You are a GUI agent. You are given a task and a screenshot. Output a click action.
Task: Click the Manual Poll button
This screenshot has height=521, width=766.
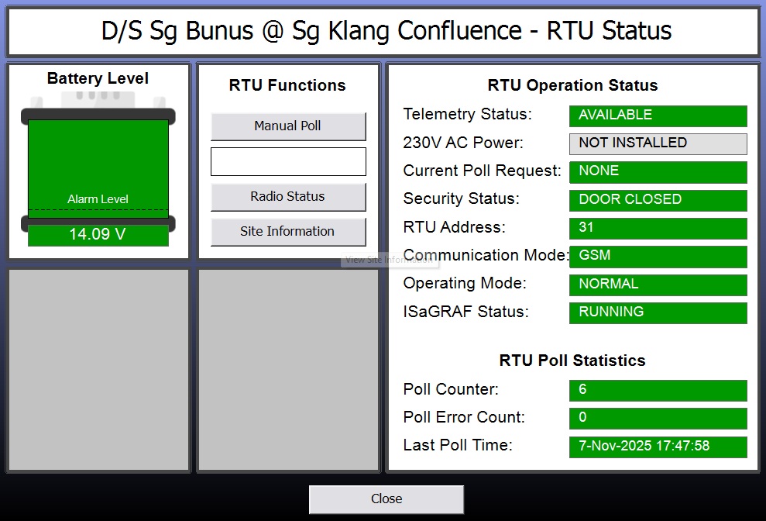point(288,126)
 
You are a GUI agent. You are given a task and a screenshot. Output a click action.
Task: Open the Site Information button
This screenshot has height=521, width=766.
point(288,231)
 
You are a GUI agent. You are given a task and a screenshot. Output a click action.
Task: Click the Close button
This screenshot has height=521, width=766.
point(386,499)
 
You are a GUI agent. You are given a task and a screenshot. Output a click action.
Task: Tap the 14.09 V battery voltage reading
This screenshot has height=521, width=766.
point(98,234)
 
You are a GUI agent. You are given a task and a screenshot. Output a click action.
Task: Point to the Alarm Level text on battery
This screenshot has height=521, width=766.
point(98,199)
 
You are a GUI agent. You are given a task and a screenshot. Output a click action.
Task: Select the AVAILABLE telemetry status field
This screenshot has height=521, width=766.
point(658,116)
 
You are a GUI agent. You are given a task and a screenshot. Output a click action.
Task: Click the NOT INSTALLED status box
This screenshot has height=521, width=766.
point(658,143)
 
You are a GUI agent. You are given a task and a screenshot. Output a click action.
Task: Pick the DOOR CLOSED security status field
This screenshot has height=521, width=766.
point(658,200)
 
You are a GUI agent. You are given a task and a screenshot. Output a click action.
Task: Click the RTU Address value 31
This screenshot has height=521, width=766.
point(658,228)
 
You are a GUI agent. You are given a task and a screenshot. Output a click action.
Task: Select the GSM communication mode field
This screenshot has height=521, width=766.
point(658,256)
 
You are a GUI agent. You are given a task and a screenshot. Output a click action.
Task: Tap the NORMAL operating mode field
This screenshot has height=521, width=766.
point(658,285)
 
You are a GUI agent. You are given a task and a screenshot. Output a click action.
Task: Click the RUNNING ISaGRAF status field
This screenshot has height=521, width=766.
point(658,312)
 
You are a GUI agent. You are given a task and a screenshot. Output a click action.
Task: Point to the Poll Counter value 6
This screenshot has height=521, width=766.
point(658,390)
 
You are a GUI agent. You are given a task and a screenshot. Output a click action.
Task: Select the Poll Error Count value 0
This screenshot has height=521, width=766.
point(658,418)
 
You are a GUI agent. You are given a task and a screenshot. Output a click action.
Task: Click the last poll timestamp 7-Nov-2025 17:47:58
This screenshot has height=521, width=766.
point(658,447)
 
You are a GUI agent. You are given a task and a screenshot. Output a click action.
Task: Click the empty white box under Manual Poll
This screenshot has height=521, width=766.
point(288,161)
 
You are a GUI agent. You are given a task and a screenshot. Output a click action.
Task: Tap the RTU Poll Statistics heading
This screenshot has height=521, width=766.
point(572,361)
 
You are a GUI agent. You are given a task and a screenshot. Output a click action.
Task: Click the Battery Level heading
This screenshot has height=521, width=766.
point(98,78)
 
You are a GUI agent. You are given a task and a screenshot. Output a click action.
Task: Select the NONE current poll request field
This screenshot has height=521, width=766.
point(658,171)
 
